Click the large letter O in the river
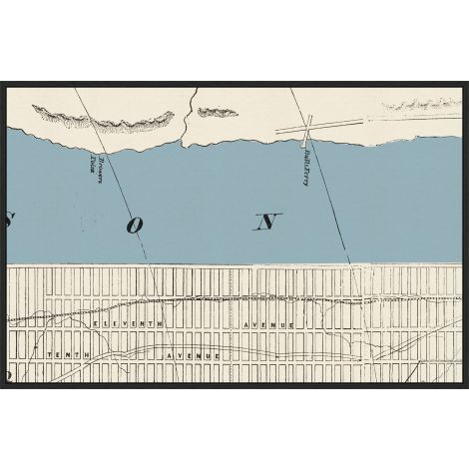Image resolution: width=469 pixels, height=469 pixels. pos(134,226)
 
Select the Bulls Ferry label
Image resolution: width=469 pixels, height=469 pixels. pos(298,164)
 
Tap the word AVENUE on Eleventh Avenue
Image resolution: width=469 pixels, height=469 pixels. pos(263,326)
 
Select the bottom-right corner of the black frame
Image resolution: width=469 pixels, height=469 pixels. pos(466,387)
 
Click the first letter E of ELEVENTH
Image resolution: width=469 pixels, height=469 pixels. pos(95,326)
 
